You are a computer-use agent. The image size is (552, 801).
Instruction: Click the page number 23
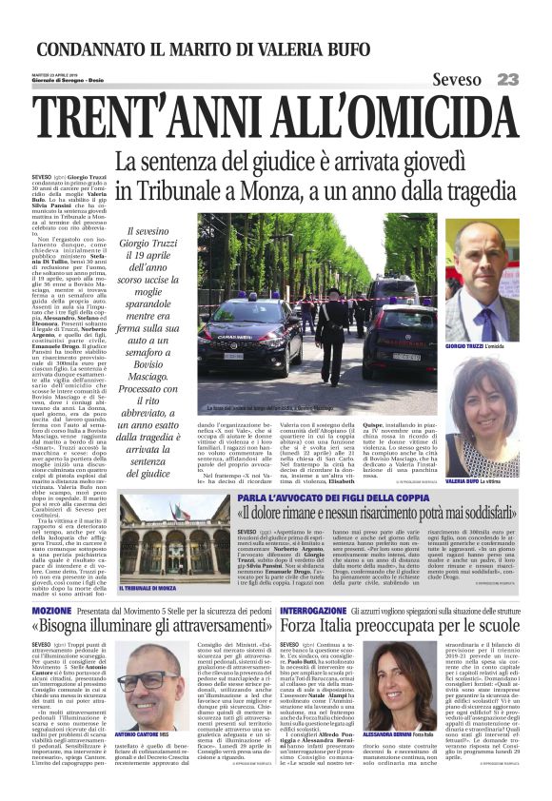[x=507, y=80]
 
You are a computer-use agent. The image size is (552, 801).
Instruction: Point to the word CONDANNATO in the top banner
[x=93, y=49]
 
